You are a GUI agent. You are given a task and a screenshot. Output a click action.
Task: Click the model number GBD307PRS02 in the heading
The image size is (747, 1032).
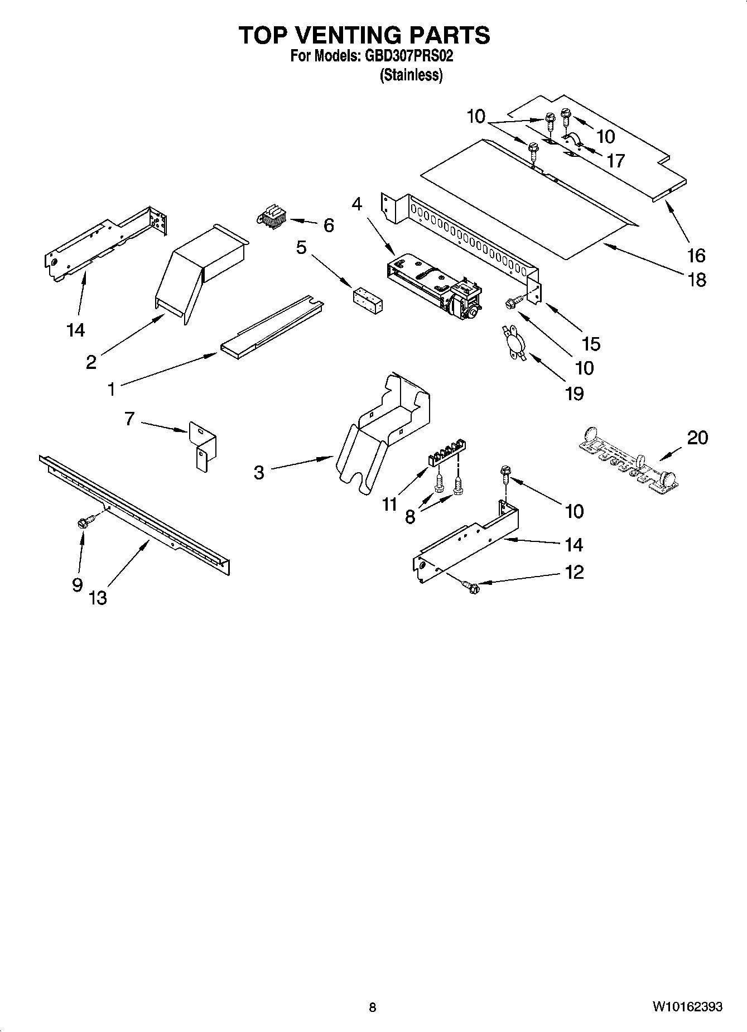409,56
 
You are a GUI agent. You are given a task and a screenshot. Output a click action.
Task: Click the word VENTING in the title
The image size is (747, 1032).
349,35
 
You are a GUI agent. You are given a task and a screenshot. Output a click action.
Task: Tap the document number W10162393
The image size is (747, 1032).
687,1007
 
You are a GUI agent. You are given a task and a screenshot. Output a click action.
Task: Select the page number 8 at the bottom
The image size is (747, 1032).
373,1007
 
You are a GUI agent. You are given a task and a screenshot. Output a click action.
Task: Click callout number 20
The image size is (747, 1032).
697,437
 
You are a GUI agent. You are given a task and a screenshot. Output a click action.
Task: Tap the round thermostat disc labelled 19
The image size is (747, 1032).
513,342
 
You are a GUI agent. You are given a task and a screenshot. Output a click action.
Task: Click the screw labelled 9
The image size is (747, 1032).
86,522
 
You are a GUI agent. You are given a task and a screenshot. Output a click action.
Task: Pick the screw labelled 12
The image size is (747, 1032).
471,587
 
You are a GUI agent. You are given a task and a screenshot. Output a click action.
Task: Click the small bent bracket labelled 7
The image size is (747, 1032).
203,444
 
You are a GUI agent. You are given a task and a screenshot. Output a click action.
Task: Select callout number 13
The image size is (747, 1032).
97,598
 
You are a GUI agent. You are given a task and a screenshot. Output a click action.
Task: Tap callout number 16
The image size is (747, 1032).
696,255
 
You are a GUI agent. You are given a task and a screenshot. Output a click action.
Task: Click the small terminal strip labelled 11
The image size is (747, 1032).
447,459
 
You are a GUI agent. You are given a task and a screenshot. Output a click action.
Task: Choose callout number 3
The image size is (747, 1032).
258,473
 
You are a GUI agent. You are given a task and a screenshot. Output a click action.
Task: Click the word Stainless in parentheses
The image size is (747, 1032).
411,75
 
